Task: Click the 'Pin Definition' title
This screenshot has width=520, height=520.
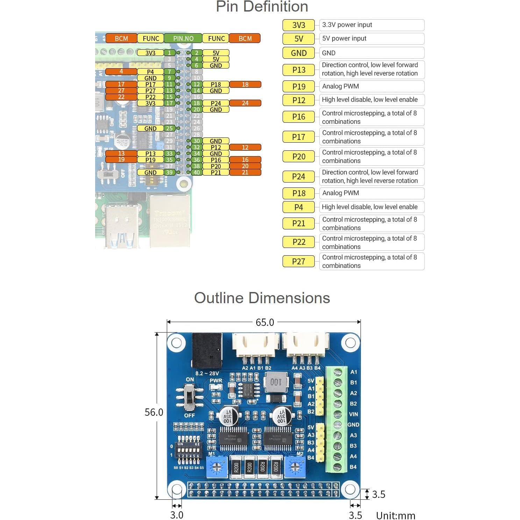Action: click(x=262, y=7)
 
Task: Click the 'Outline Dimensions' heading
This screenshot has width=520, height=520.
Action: click(x=262, y=298)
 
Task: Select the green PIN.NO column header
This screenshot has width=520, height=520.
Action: click(x=183, y=38)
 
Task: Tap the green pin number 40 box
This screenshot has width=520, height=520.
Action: click(x=197, y=172)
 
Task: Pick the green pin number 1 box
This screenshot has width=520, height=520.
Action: click(x=170, y=53)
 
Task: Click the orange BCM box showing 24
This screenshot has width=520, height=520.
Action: click(x=245, y=103)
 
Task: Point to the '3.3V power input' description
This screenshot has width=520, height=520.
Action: click(x=371, y=25)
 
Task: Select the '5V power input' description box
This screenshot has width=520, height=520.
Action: click(x=371, y=39)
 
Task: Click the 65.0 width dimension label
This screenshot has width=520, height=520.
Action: click(x=265, y=322)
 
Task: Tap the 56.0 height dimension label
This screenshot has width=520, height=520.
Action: click(x=154, y=412)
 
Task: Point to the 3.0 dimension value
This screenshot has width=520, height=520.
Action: click(x=177, y=515)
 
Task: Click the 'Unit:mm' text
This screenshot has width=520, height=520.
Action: click(x=396, y=515)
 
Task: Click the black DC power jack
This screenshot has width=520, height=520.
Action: click(x=207, y=351)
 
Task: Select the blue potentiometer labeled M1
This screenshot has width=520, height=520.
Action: click(x=217, y=467)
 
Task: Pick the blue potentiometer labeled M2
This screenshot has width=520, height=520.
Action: click(x=295, y=467)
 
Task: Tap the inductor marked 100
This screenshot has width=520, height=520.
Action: click(x=276, y=382)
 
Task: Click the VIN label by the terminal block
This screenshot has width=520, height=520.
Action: click(x=353, y=414)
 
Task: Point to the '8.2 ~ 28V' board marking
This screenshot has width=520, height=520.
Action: click(x=207, y=373)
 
